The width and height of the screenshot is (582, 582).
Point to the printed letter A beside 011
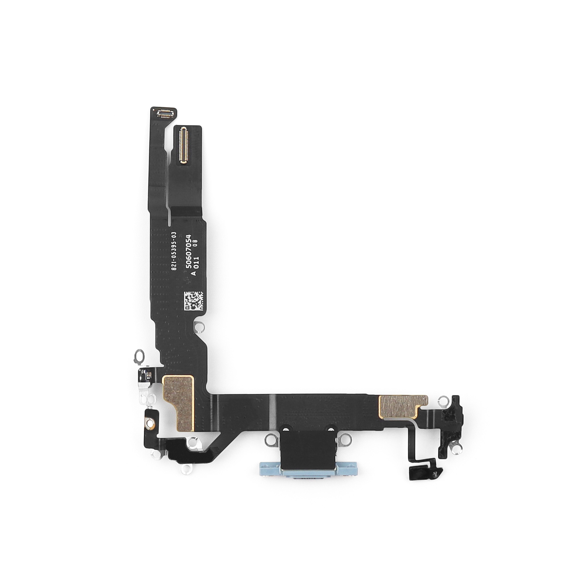point(194,273)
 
